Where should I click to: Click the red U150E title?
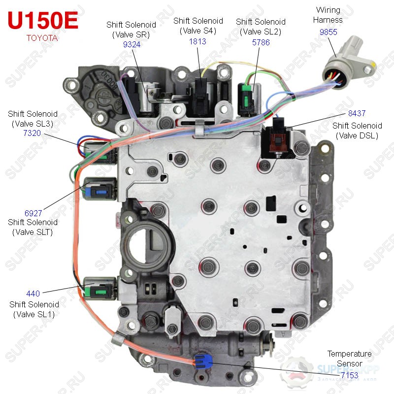(x=43, y=20)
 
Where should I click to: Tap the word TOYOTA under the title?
(x=42, y=38)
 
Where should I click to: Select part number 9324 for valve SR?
(x=131, y=44)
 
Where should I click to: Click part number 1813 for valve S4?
(x=197, y=41)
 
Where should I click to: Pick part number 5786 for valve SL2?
(x=261, y=42)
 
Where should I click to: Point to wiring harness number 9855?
(x=328, y=32)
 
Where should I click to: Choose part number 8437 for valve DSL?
(x=357, y=113)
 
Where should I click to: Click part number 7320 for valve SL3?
(x=32, y=133)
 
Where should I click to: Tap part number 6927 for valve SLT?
(x=33, y=213)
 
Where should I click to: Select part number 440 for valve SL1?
(x=33, y=294)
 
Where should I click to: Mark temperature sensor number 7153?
(x=350, y=375)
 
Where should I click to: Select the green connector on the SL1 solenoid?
(x=98, y=292)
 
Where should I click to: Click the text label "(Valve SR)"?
(x=131, y=34)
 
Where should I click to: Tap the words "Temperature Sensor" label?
(x=350, y=359)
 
